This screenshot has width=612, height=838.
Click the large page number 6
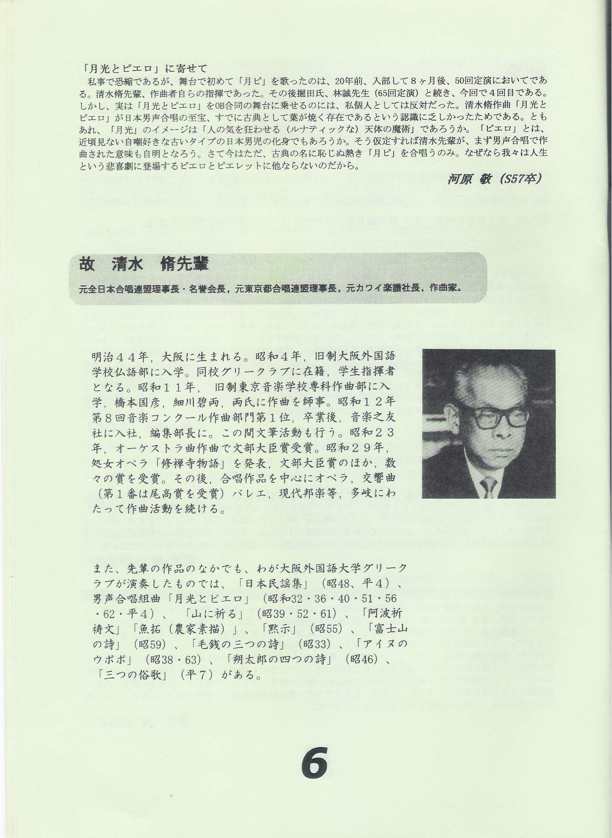tap(314, 763)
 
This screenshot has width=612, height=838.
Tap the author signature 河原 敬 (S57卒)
tap(494, 179)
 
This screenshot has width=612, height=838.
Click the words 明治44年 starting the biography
tap(120, 357)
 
